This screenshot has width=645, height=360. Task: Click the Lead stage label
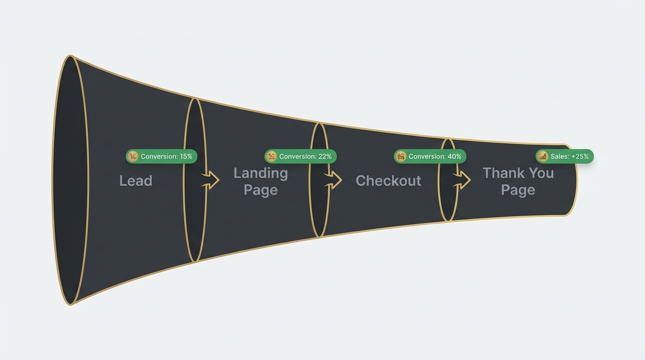click(x=136, y=181)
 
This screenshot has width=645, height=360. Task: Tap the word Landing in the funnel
click(x=261, y=173)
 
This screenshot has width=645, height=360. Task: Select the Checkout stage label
click(x=388, y=181)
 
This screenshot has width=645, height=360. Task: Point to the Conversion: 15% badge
click(x=162, y=156)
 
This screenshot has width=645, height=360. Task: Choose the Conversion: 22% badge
click(x=300, y=156)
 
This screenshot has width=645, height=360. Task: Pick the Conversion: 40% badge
click(x=430, y=156)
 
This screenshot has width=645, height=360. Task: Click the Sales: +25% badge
click(x=565, y=156)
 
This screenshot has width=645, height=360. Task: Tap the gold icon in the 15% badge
click(x=133, y=156)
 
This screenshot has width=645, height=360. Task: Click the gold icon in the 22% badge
click(x=271, y=156)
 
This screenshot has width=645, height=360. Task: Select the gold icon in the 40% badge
click(x=401, y=156)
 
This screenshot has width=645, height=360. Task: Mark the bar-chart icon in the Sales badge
click(x=543, y=156)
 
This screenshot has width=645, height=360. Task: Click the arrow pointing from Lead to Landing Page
click(x=210, y=180)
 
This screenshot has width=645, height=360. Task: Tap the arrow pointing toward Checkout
click(x=333, y=180)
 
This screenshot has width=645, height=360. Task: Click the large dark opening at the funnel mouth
click(x=70, y=180)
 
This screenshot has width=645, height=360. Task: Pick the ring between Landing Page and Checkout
click(x=319, y=211)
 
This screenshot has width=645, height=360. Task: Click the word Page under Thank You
click(x=518, y=190)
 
